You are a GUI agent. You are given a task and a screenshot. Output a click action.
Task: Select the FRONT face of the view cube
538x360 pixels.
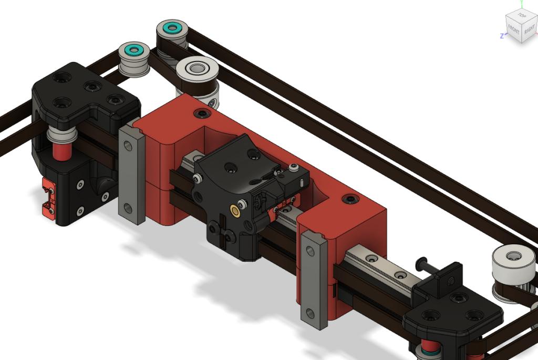point(514,30)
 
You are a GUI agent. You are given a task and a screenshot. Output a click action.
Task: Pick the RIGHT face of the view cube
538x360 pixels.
point(529,28)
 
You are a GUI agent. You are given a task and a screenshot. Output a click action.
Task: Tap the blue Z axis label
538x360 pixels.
point(502,36)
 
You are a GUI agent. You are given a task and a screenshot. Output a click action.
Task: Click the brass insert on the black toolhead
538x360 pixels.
point(234,211)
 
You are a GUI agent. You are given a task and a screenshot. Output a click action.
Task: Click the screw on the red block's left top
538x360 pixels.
point(202,114)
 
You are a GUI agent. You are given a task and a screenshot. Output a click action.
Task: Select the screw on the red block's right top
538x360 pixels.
point(350,199)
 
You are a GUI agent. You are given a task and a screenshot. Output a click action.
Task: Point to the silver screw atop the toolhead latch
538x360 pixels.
point(293,168)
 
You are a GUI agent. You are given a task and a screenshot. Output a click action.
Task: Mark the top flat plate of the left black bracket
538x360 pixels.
point(84,89)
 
